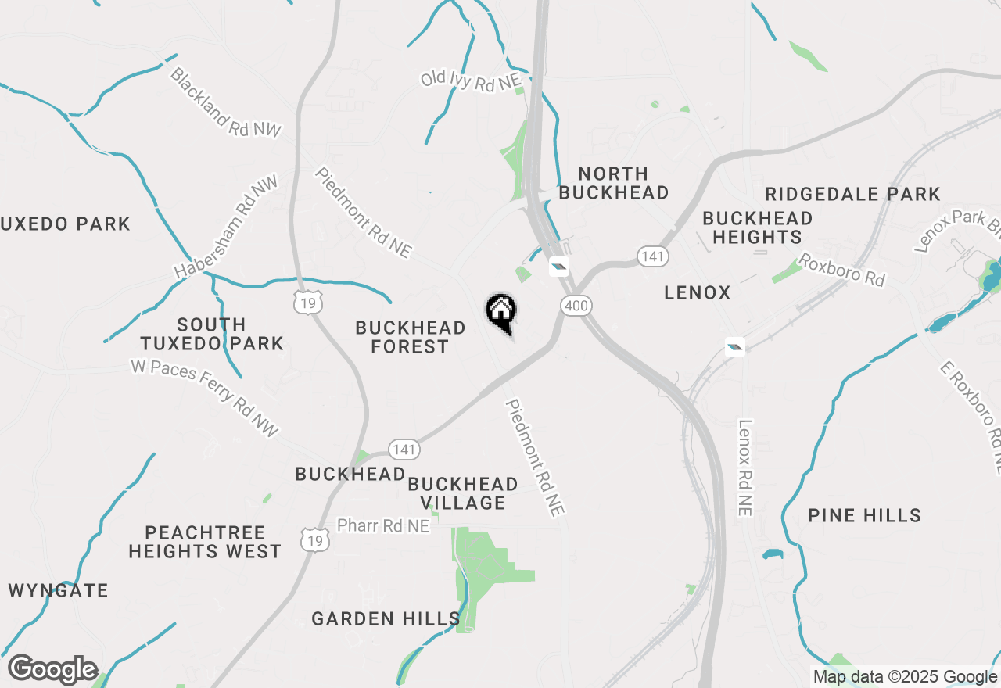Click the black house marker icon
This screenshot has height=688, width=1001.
click(501, 311)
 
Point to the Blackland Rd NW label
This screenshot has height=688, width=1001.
click(224, 102)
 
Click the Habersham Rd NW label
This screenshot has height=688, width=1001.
click(226, 228)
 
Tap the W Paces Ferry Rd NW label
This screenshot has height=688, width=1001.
click(205, 398)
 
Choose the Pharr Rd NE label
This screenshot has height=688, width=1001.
click(383, 526)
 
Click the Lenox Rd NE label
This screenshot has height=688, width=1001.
click(744, 468)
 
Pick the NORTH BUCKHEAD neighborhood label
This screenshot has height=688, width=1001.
click(614, 183)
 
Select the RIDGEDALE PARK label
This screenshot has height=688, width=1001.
click(852, 194)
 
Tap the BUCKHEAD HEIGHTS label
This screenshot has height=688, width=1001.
click(757, 228)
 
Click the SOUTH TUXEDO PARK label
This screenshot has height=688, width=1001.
click(211, 334)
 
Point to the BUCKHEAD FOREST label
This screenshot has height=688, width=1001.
click(410, 337)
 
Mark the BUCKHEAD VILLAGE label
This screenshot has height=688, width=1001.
click(462, 493)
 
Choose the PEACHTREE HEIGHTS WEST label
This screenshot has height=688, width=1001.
click(204, 542)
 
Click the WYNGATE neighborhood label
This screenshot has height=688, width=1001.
click(59, 591)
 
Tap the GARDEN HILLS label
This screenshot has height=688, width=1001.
click(386, 619)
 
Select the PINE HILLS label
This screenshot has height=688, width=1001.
click(864, 515)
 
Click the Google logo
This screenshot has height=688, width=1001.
click(52, 670)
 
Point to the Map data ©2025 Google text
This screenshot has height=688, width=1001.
click(905, 677)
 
